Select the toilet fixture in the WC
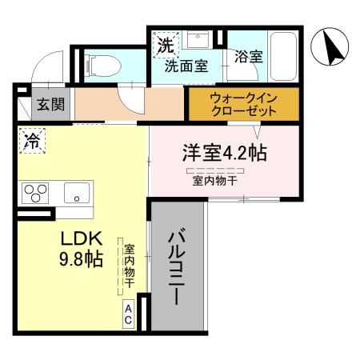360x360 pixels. [x=100, y=64]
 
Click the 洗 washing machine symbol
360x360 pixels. [x=164, y=45]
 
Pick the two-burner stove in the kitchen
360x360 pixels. [x=34, y=193]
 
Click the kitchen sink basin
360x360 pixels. [x=77, y=193]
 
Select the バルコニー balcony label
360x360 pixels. [x=178, y=267]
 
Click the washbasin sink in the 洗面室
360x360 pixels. [x=198, y=40]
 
